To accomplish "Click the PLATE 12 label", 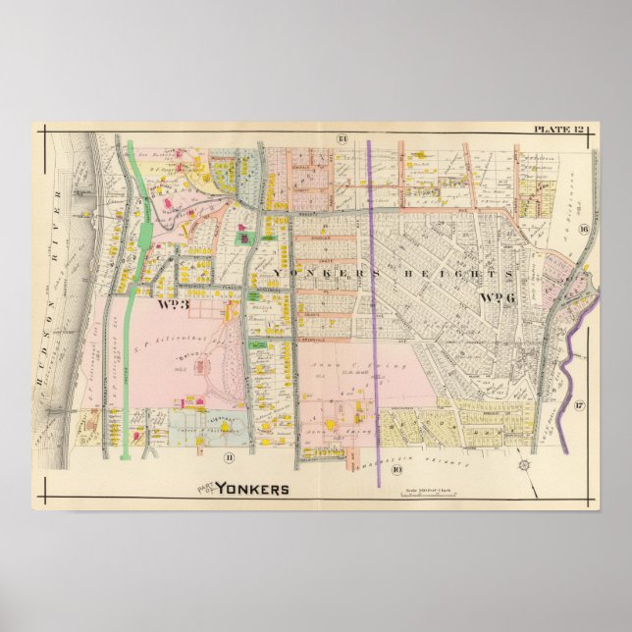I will point(558,130).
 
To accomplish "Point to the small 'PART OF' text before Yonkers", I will point(204,487).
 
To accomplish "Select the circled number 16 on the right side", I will point(583,230).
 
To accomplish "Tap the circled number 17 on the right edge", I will point(579,405).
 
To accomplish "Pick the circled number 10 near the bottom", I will point(396,469).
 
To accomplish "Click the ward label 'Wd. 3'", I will point(171,304).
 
